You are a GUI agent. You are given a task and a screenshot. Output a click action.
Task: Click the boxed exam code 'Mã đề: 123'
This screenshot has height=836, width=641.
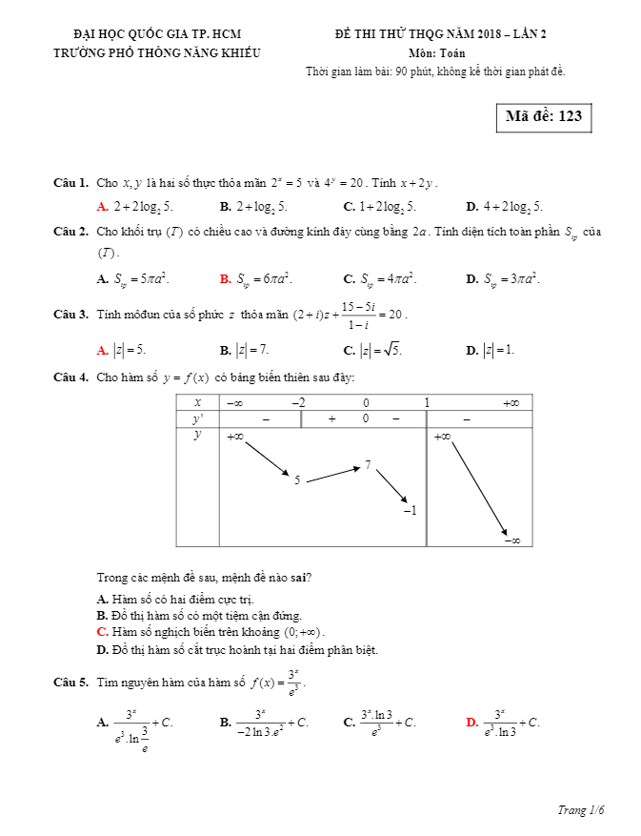(x=543, y=117)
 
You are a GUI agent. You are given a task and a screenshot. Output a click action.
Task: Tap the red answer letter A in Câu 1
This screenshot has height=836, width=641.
(x=102, y=207)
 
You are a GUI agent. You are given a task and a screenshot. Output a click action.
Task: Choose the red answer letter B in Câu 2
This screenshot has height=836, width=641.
(x=225, y=279)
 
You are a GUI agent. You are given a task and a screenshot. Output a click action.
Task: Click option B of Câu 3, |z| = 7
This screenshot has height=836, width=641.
(x=250, y=350)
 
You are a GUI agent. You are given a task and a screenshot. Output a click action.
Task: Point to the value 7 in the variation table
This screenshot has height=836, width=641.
(x=368, y=465)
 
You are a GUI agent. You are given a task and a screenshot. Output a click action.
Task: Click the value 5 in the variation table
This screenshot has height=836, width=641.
(x=297, y=480)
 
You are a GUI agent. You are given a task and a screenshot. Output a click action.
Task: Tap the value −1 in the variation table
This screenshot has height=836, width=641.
(x=410, y=511)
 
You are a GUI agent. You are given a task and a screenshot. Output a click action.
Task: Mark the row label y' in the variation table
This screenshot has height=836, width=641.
(x=197, y=418)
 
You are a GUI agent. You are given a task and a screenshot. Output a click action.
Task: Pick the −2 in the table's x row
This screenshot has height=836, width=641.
(x=298, y=403)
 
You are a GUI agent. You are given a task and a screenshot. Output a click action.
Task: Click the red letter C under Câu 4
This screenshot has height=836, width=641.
(x=102, y=632)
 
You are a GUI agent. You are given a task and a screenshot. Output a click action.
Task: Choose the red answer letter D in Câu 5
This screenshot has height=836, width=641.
(x=471, y=723)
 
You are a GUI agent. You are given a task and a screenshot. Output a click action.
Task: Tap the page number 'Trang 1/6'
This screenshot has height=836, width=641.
(x=581, y=810)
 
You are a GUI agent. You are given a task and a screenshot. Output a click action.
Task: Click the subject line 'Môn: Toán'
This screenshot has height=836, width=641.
(x=436, y=53)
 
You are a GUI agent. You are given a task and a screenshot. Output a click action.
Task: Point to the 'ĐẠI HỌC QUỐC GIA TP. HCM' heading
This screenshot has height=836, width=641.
(x=157, y=34)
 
